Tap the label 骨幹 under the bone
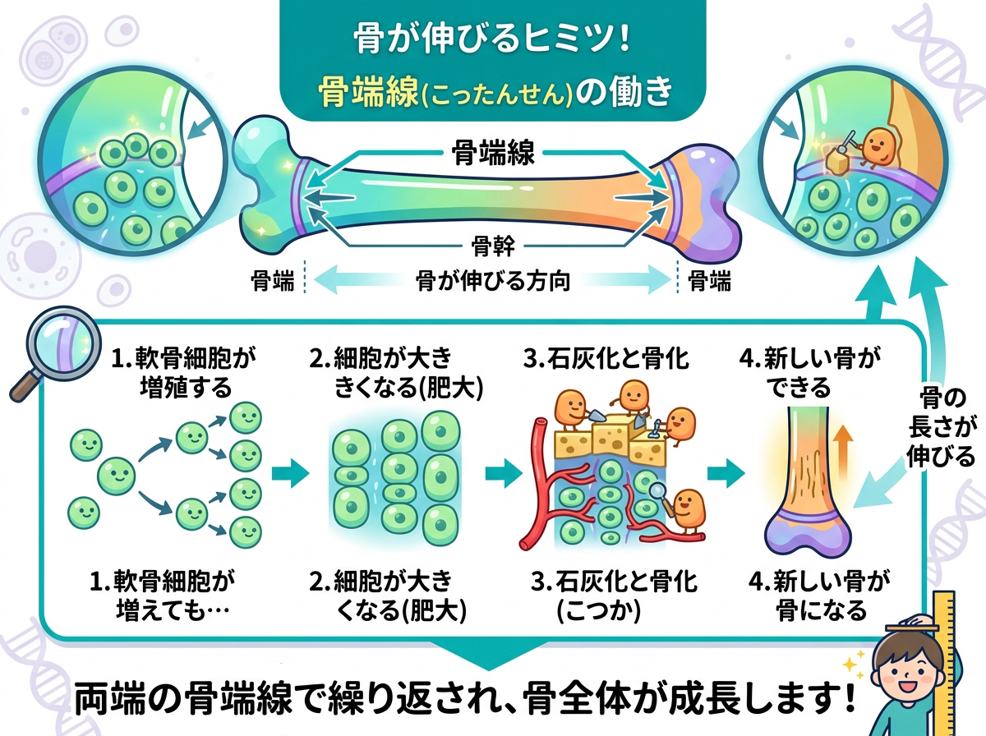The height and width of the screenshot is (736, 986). pos(492,244)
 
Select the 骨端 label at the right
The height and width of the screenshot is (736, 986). pos(708,282)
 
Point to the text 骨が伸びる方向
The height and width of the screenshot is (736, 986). pos(493,282)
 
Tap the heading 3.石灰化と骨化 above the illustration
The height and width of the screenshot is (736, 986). pos(608,359)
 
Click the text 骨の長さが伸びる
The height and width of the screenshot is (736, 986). pos(947,428)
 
